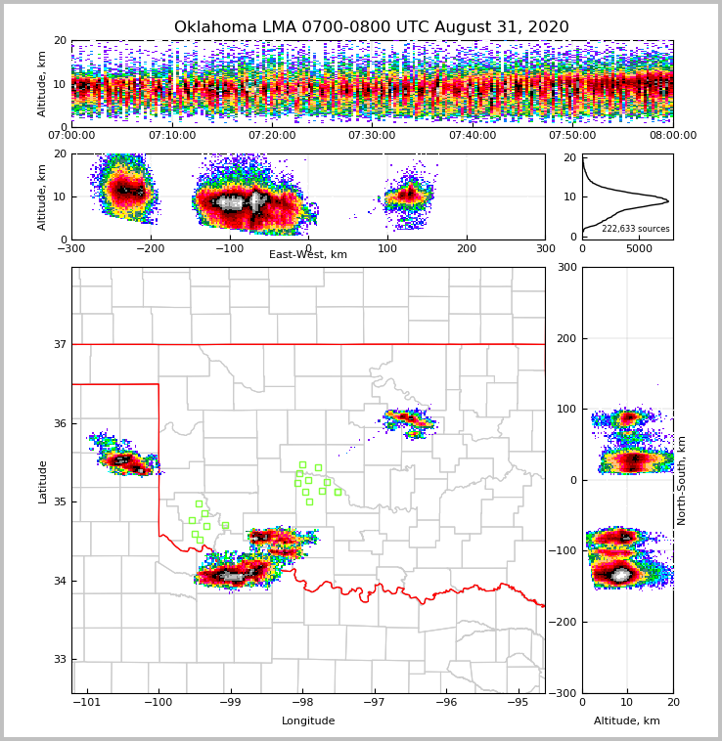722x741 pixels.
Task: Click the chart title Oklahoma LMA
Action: [x=371, y=27]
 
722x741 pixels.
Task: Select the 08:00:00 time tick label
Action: [x=672, y=136]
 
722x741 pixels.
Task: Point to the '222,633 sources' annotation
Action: [x=635, y=229]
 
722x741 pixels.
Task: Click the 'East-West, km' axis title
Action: [x=308, y=255]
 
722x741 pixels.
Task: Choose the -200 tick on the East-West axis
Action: [x=150, y=248]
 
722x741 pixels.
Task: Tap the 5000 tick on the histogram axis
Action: [x=639, y=248]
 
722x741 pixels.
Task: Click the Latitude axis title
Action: [x=43, y=481]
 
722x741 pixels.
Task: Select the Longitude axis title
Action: [x=308, y=721]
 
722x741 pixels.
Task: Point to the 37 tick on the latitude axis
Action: [x=60, y=344]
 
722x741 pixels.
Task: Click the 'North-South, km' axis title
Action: [x=682, y=480]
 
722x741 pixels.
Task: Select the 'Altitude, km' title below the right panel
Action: [x=627, y=721]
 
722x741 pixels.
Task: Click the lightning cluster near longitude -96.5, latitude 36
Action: [x=410, y=420]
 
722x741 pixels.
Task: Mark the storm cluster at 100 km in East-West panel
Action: [x=407, y=196]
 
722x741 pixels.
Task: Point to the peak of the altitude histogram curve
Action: [x=668, y=201]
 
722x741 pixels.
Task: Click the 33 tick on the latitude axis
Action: [x=60, y=659]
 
